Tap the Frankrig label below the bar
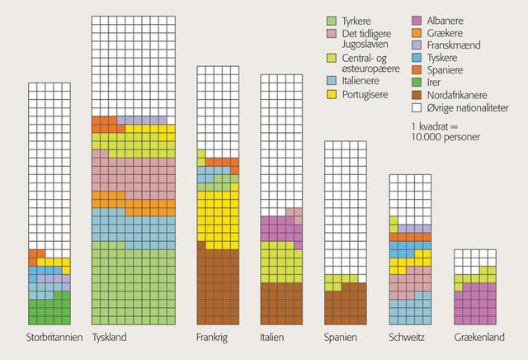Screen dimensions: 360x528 [x=213, y=339]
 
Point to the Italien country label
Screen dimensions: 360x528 [x=276, y=339]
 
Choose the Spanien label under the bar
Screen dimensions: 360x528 [x=341, y=339]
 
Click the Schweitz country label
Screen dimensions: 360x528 [x=407, y=339]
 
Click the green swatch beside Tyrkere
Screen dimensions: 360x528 [x=332, y=20]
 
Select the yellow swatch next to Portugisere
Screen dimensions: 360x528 [x=332, y=96]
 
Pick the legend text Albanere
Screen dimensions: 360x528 [x=443, y=20]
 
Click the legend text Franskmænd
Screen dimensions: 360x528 [x=451, y=45]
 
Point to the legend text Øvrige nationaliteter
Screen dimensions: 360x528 [x=469, y=108]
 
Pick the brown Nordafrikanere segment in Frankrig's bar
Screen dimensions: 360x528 [x=217, y=285]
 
